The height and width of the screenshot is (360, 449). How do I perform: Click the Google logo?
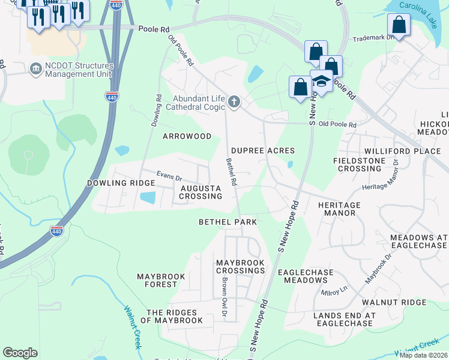pyautogui.click(x=20, y=353)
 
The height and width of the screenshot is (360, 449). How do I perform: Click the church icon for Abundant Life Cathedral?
pyautogui.click(x=234, y=103)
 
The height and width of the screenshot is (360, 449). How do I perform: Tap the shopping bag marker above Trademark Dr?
pyautogui.click(x=399, y=26)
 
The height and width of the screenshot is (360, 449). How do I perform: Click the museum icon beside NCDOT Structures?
pyautogui.click(x=35, y=69)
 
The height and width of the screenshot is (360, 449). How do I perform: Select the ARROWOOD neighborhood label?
pyautogui.click(x=187, y=136)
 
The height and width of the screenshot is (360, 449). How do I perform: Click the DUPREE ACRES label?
pyautogui.click(x=263, y=151)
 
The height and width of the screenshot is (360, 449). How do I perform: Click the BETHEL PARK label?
pyautogui.click(x=228, y=222)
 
